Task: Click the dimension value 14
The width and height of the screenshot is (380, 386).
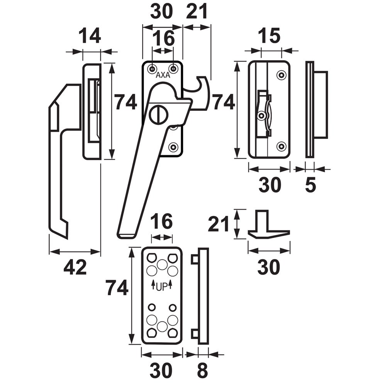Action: (x=90, y=37)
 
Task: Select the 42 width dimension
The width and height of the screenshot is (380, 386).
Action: (x=75, y=267)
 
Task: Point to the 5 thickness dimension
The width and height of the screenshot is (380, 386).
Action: (x=310, y=186)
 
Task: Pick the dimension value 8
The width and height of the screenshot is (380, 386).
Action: (x=202, y=371)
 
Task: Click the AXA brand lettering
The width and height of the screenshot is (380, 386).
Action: (x=163, y=76)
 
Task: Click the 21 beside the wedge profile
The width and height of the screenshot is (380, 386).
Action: (x=219, y=224)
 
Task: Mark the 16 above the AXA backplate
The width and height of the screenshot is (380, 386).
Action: (x=162, y=39)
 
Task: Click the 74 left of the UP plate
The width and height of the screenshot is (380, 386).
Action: (x=117, y=288)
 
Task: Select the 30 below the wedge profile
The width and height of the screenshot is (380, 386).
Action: (x=268, y=267)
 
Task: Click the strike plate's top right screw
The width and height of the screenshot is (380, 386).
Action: (x=282, y=74)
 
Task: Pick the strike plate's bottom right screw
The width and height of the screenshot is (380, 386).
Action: (x=281, y=146)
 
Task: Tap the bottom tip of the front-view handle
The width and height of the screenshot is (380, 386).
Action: (x=126, y=235)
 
